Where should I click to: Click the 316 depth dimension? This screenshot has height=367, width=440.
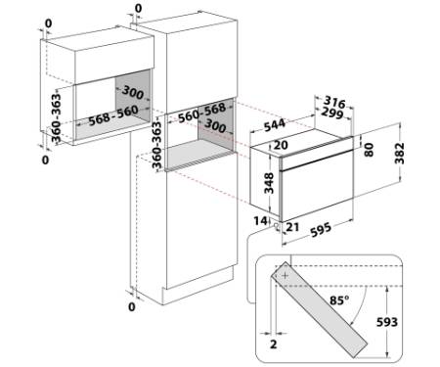(x=334, y=103)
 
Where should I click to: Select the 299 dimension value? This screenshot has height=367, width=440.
(x=332, y=114)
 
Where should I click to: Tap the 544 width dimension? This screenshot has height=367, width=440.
(x=275, y=125)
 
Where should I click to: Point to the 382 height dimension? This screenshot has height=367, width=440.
(x=399, y=153)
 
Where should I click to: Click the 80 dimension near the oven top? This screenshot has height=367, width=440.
(x=369, y=150)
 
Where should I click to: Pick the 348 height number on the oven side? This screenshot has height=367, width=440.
(x=269, y=183)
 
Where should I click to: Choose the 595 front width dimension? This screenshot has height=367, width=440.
(x=321, y=230)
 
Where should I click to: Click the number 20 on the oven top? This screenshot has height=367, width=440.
(x=281, y=145)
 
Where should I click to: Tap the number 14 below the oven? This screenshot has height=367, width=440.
(x=261, y=221)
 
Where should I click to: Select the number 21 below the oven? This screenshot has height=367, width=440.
(x=292, y=227)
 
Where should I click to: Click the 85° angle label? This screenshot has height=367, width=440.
(x=339, y=299)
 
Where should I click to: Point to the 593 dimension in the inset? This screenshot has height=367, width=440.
(x=387, y=322)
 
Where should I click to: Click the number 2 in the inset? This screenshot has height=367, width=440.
(x=274, y=344)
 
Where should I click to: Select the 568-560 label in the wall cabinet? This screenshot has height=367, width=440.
(x=113, y=115)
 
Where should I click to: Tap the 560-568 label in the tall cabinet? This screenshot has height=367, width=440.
(x=202, y=113)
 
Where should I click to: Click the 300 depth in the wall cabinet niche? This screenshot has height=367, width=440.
(x=133, y=93)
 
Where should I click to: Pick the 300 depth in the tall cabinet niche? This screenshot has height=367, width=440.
(x=215, y=125)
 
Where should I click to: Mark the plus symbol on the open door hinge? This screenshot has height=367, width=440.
(x=286, y=276)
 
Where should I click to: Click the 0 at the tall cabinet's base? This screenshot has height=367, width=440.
(x=132, y=306)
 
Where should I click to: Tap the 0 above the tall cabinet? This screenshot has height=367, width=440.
(x=138, y=9)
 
